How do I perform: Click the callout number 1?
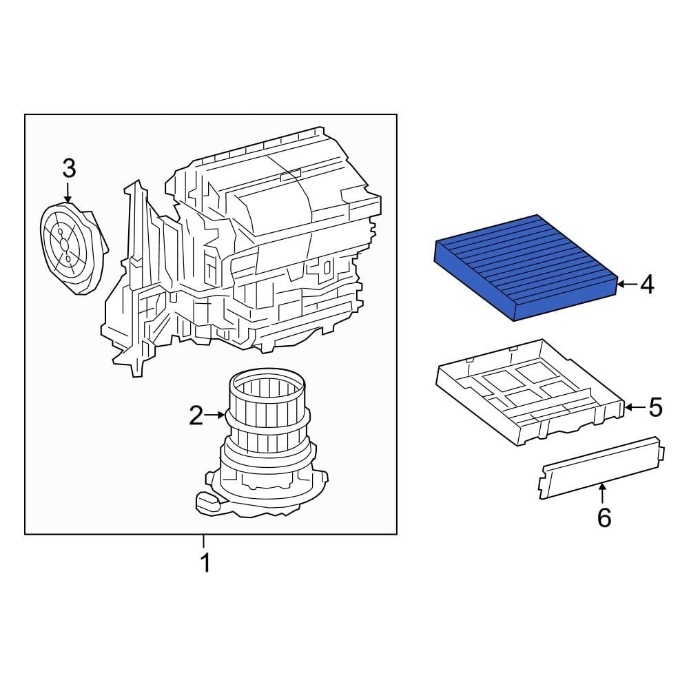(204, 563)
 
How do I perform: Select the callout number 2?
(196, 415)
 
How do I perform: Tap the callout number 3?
(68, 167)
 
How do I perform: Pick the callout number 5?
(654, 407)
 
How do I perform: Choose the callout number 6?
(604, 517)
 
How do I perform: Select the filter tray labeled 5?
(531, 393)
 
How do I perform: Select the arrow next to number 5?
(633, 407)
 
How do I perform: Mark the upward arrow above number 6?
(603, 492)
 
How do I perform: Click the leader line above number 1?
(204, 542)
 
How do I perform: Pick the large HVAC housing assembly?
(248, 248)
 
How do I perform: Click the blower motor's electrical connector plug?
(207, 502)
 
